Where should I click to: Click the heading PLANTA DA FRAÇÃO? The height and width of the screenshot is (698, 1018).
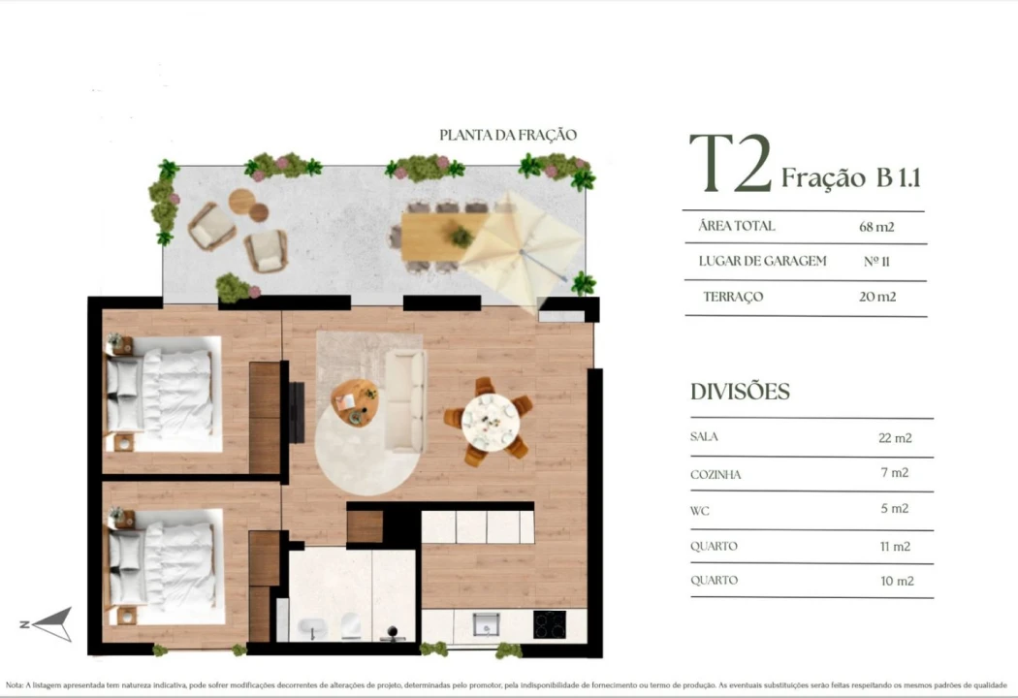507,136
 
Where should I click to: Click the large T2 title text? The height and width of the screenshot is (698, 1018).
730,164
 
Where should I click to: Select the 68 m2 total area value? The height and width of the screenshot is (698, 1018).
875,227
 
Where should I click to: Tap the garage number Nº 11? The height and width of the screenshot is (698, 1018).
876,262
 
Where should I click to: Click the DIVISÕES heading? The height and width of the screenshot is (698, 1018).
740,392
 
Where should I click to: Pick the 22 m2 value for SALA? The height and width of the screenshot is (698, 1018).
894,437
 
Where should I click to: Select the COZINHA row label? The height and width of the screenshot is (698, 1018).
716,474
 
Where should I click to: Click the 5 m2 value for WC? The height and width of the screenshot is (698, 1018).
894,508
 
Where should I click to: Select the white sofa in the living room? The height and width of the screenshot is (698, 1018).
405,400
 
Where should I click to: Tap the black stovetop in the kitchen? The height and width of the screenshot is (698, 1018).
549,624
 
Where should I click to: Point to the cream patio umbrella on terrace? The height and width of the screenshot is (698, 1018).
519,247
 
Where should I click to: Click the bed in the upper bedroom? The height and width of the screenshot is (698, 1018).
165,394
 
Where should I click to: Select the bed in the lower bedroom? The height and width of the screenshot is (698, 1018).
165,566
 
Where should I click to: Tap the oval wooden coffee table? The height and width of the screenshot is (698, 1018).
355,401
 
